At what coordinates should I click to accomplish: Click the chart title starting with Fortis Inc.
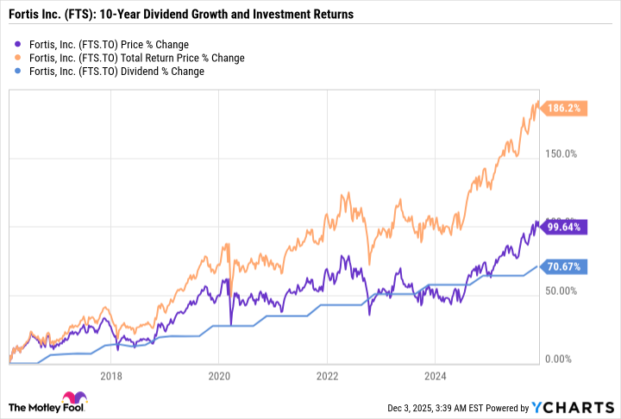click(181, 16)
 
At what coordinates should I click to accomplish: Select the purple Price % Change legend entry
click(108, 44)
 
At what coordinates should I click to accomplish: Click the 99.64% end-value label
click(566, 228)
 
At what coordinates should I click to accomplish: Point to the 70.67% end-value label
click(566, 267)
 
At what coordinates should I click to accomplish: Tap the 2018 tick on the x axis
click(110, 376)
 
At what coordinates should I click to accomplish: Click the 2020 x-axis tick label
click(218, 376)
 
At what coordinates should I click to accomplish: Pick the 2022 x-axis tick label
click(327, 376)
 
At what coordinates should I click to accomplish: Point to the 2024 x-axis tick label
click(435, 376)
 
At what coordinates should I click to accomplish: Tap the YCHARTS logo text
click(584, 406)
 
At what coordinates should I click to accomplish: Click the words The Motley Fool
click(43, 406)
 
